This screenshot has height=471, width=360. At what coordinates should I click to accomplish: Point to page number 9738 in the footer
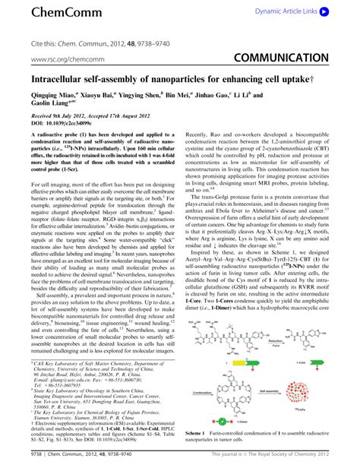point(14,460)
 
